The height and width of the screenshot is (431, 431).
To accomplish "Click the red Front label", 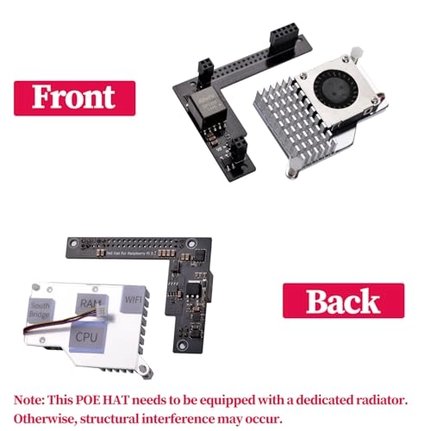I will point(74,97).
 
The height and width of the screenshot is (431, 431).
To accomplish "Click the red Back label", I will point(343,301).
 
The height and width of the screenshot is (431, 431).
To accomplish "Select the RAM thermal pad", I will point(89,304).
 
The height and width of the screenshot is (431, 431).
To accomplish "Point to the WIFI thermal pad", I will point(133,298).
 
